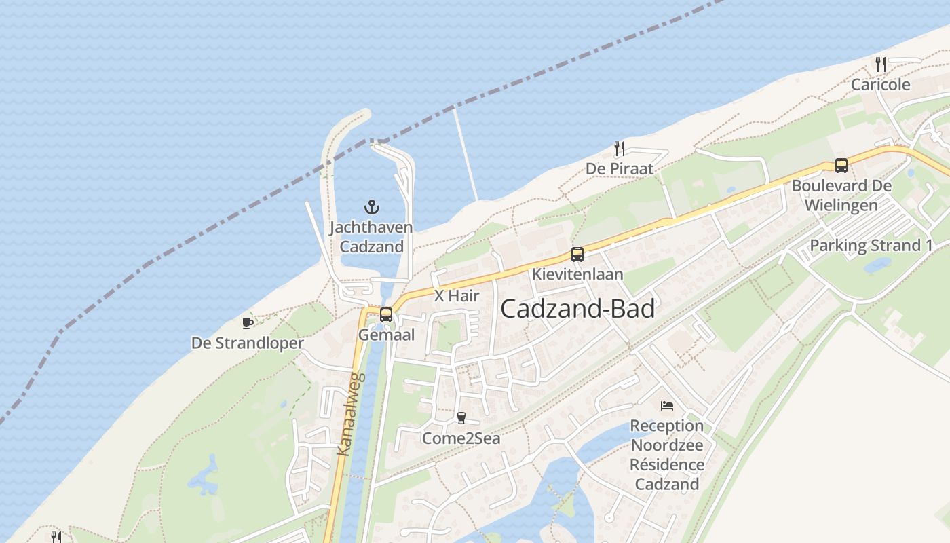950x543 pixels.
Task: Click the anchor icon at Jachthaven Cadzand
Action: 371,207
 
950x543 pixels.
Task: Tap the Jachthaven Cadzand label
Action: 371,237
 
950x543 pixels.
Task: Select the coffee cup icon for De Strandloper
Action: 248,323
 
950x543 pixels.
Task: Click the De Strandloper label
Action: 248,343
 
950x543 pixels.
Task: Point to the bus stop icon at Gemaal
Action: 386,315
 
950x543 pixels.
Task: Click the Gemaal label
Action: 386,335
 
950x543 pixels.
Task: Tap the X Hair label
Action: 457,296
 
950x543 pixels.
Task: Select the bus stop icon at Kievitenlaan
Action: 577,255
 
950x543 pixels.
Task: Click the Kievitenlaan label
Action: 577,275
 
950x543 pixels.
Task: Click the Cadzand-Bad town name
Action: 577,310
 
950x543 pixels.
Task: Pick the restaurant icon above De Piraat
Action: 619,149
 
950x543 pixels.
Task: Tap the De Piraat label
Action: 619,168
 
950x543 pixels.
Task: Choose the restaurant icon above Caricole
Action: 881,64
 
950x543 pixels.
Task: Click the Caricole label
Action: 881,85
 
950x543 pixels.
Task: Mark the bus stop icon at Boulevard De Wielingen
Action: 841,165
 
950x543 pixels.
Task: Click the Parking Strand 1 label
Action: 871,246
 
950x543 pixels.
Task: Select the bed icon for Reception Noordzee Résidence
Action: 667,406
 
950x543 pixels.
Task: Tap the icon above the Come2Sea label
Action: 461,418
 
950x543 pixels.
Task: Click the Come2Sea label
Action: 461,438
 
